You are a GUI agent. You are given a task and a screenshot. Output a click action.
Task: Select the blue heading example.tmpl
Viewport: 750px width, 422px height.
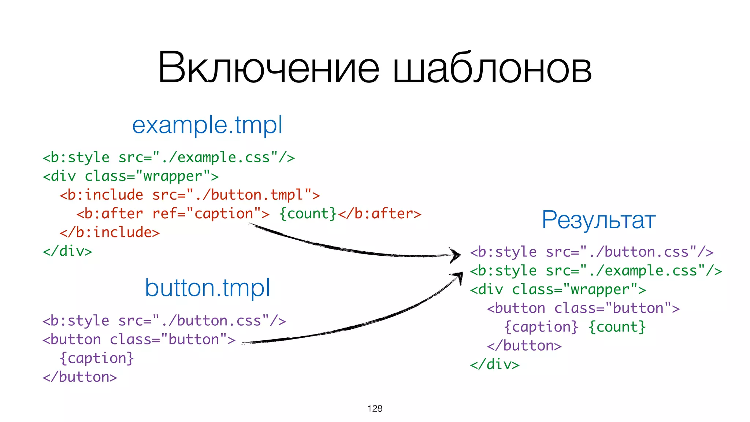click(x=207, y=125)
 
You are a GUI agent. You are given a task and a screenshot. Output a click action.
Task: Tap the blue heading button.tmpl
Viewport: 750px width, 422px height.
click(x=207, y=288)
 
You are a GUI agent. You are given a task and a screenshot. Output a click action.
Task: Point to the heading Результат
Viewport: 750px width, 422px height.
click(x=598, y=220)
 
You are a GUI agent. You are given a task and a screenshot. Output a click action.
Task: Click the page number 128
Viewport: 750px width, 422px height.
click(x=375, y=408)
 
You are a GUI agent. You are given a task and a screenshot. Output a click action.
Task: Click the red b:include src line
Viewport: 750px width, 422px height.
click(x=190, y=195)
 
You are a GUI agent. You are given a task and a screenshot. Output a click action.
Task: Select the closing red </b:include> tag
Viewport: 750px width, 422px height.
click(x=109, y=233)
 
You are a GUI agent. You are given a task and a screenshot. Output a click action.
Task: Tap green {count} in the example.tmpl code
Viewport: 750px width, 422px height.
click(x=308, y=214)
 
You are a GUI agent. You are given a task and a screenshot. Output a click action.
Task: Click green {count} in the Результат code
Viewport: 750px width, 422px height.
click(x=617, y=327)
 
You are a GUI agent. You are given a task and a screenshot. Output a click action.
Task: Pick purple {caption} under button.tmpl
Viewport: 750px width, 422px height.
click(x=97, y=358)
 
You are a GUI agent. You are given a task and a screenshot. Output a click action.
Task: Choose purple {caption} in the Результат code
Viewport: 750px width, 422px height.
click(x=541, y=327)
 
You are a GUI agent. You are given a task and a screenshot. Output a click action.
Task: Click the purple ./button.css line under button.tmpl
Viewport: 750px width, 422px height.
click(x=164, y=321)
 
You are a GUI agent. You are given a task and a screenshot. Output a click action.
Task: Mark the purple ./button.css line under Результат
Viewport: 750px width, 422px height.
click(x=591, y=252)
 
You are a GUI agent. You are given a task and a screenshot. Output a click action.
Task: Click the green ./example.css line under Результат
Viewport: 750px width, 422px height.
click(x=596, y=271)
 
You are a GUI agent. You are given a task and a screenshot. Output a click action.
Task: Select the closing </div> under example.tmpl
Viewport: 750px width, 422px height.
click(x=67, y=251)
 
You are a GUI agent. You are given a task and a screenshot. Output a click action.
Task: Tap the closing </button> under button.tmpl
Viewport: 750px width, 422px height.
click(x=80, y=377)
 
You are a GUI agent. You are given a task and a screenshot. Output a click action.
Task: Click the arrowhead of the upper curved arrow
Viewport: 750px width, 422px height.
click(x=456, y=255)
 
